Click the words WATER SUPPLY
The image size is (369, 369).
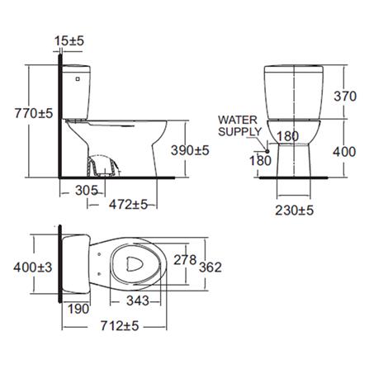239,125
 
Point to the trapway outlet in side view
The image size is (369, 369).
101,167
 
